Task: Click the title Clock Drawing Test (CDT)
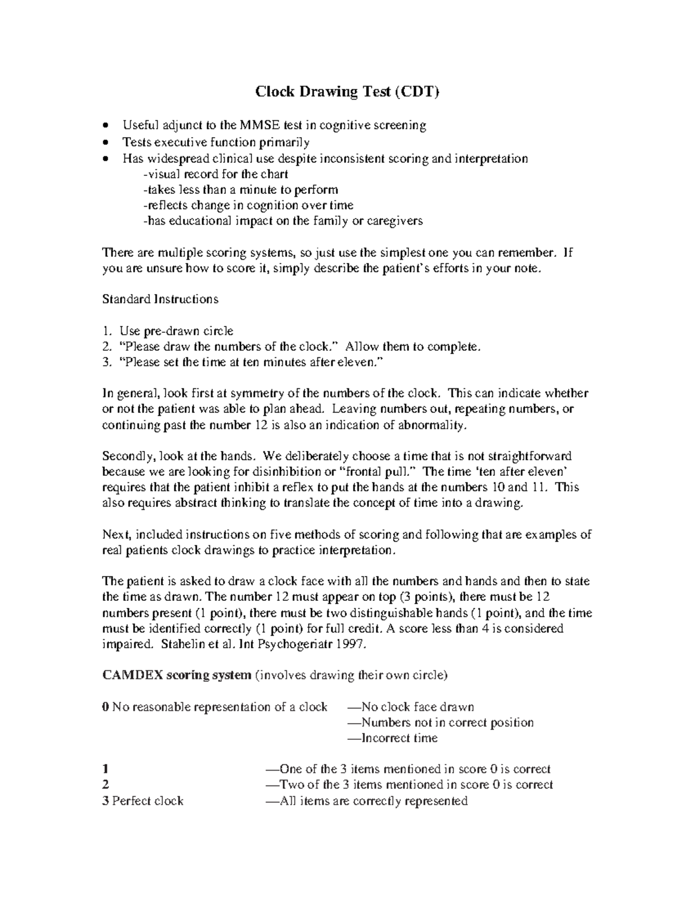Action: tap(348, 91)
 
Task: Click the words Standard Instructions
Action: tap(160, 299)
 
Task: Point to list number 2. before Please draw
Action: tap(106, 347)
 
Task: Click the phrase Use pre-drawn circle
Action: tap(176, 331)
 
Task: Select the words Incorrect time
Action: tap(400, 738)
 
